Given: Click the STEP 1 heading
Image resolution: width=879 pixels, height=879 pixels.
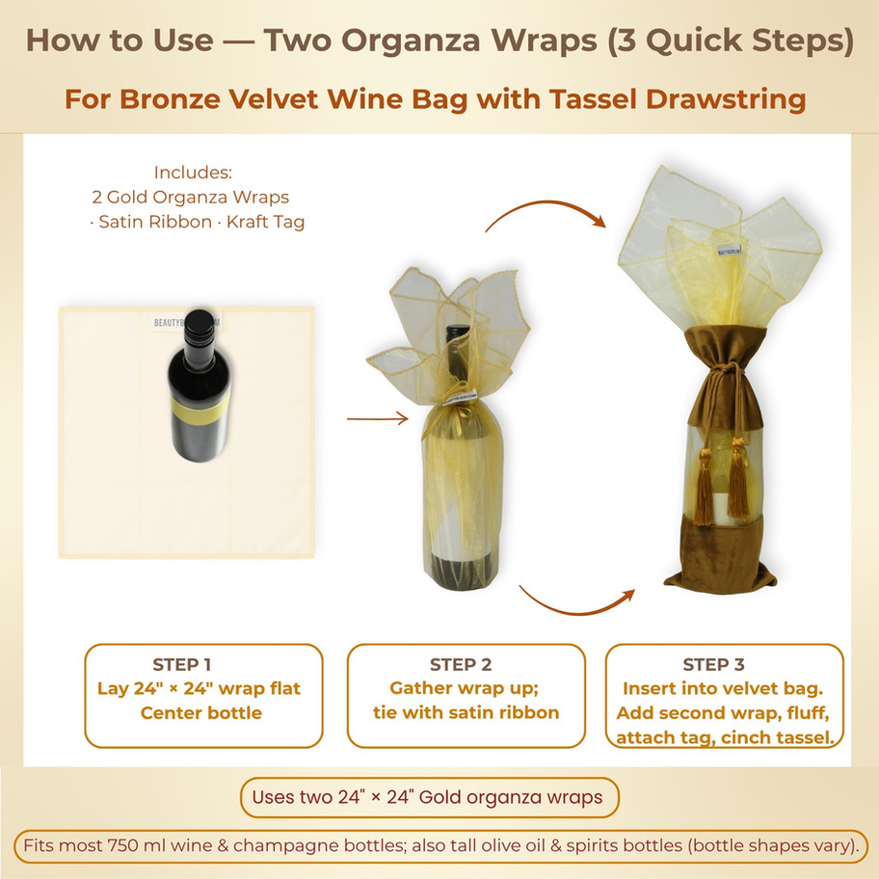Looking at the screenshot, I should [181, 664].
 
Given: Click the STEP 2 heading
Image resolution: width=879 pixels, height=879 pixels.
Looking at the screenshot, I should [461, 664].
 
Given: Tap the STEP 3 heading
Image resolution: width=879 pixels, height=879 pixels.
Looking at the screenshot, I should [713, 664].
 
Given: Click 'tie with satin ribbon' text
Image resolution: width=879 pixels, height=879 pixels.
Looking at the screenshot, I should [466, 713].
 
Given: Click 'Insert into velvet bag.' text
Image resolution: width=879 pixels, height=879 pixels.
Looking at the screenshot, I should [723, 689].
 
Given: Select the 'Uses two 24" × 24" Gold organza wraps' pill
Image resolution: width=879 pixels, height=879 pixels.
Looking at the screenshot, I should [429, 797].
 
